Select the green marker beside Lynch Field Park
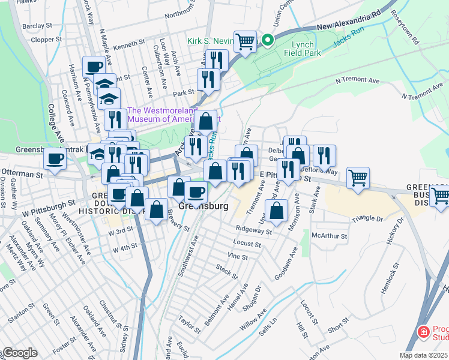point(267,41)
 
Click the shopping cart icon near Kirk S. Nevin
point(245,41)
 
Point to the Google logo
point(19,353)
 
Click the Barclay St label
point(34,26)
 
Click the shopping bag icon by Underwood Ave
point(277,211)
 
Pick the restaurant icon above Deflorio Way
point(324,155)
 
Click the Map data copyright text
point(424,355)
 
